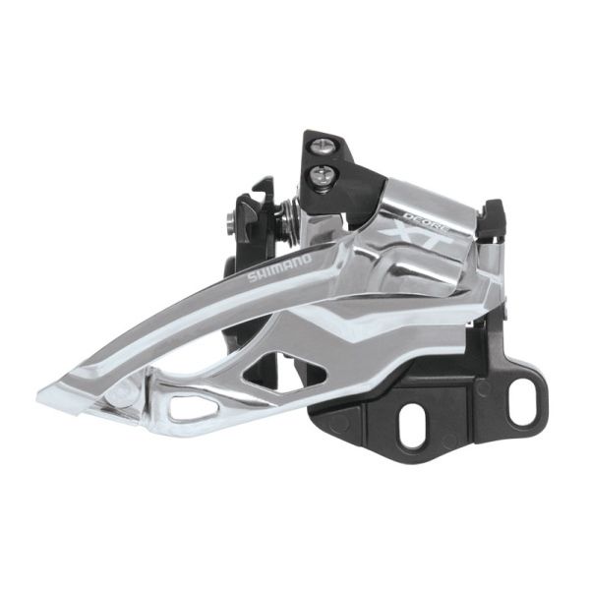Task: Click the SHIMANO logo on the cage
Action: (278, 268)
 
